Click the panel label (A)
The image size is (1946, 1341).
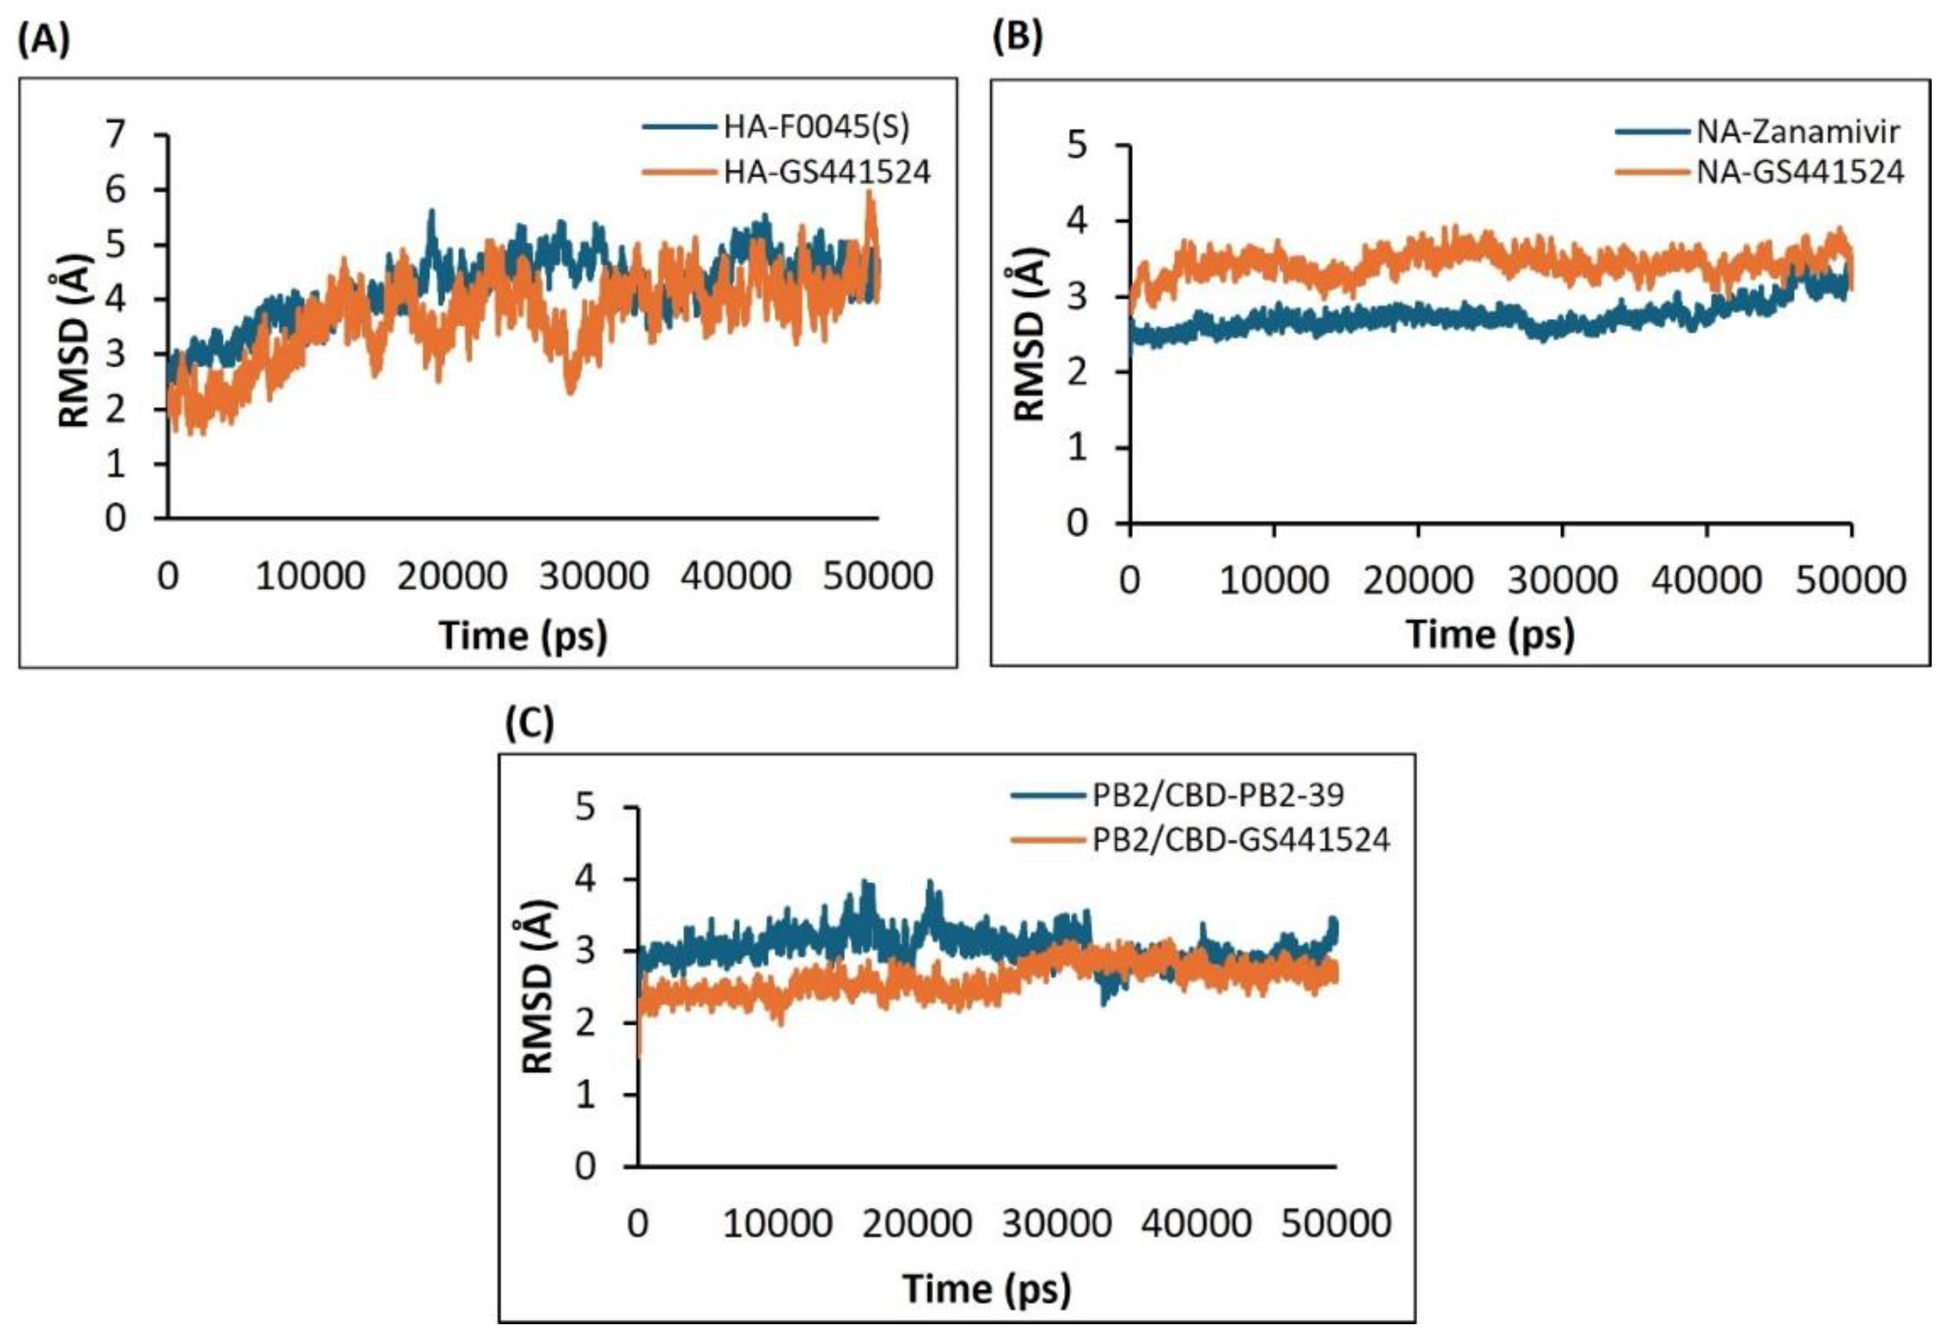pos(44,40)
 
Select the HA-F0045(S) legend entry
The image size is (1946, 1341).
pos(815,127)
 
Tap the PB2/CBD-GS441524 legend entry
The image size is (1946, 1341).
pos(1240,839)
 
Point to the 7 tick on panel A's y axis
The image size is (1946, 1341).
pos(115,134)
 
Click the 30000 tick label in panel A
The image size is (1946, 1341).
pos(593,576)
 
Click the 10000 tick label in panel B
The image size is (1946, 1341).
pos(1274,581)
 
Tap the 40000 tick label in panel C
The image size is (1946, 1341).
pos(1196,1223)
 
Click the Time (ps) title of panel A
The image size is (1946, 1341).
pos(523,635)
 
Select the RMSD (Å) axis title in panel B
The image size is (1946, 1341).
pos(1028,334)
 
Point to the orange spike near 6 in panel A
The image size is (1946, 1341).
pos(870,198)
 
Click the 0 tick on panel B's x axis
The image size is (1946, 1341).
pos(1130,581)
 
